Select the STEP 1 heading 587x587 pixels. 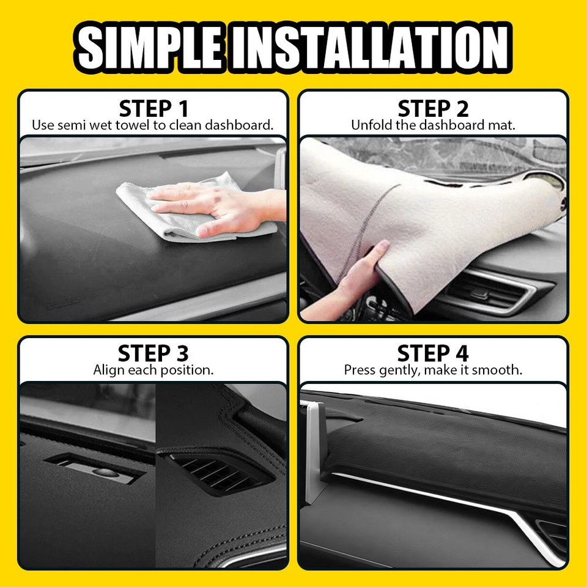(153, 109)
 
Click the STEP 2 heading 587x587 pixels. (433, 109)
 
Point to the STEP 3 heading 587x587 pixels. (153, 353)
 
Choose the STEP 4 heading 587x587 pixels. (433, 353)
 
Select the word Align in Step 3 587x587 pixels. (108, 370)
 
